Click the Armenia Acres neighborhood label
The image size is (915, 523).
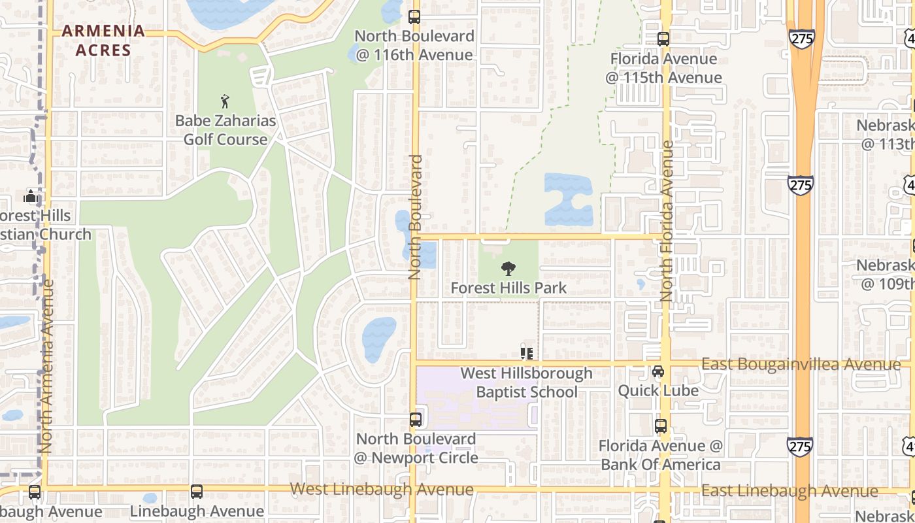point(103,40)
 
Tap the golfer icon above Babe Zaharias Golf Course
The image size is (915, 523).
point(225,101)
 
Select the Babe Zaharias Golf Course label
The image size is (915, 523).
point(225,130)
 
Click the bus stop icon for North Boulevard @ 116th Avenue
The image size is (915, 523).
point(414,17)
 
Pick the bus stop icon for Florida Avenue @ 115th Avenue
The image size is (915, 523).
point(663,39)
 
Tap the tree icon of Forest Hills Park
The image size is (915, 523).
point(508,268)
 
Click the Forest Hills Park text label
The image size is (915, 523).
point(508,288)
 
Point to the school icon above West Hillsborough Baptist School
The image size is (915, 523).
point(527,353)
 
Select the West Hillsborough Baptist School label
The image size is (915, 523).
point(527,382)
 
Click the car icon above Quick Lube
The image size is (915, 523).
point(658,371)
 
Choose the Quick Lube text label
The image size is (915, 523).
point(658,390)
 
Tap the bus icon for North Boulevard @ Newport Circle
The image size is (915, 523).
point(416,419)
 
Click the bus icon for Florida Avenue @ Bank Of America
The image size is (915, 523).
point(661,426)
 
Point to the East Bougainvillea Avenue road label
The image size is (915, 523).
point(801,365)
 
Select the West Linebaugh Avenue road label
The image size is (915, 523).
point(382,489)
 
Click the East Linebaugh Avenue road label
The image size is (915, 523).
point(790,491)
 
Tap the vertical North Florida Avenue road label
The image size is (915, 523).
point(667,221)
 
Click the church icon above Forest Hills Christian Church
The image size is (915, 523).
point(30,196)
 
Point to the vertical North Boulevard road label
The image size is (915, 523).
point(416,217)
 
